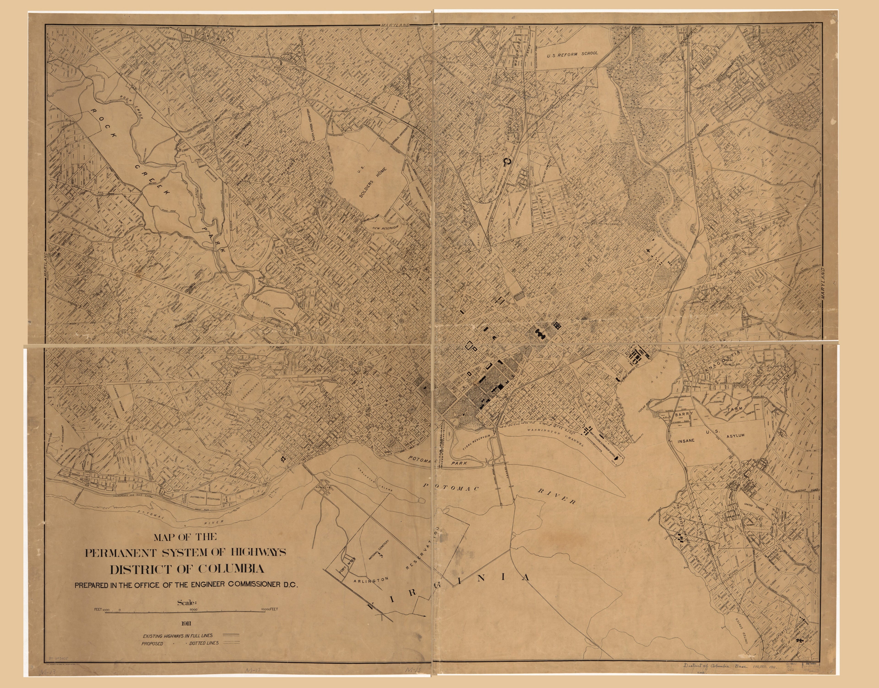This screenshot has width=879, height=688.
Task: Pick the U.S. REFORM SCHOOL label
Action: pyautogui.click(x=572, y=53)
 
